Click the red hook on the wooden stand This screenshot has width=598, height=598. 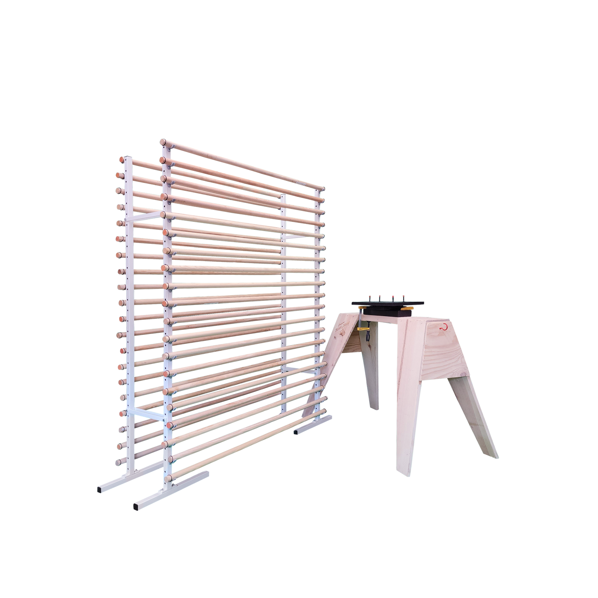[x=444, y=327]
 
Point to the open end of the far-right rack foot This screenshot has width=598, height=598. [x=295, y=432]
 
